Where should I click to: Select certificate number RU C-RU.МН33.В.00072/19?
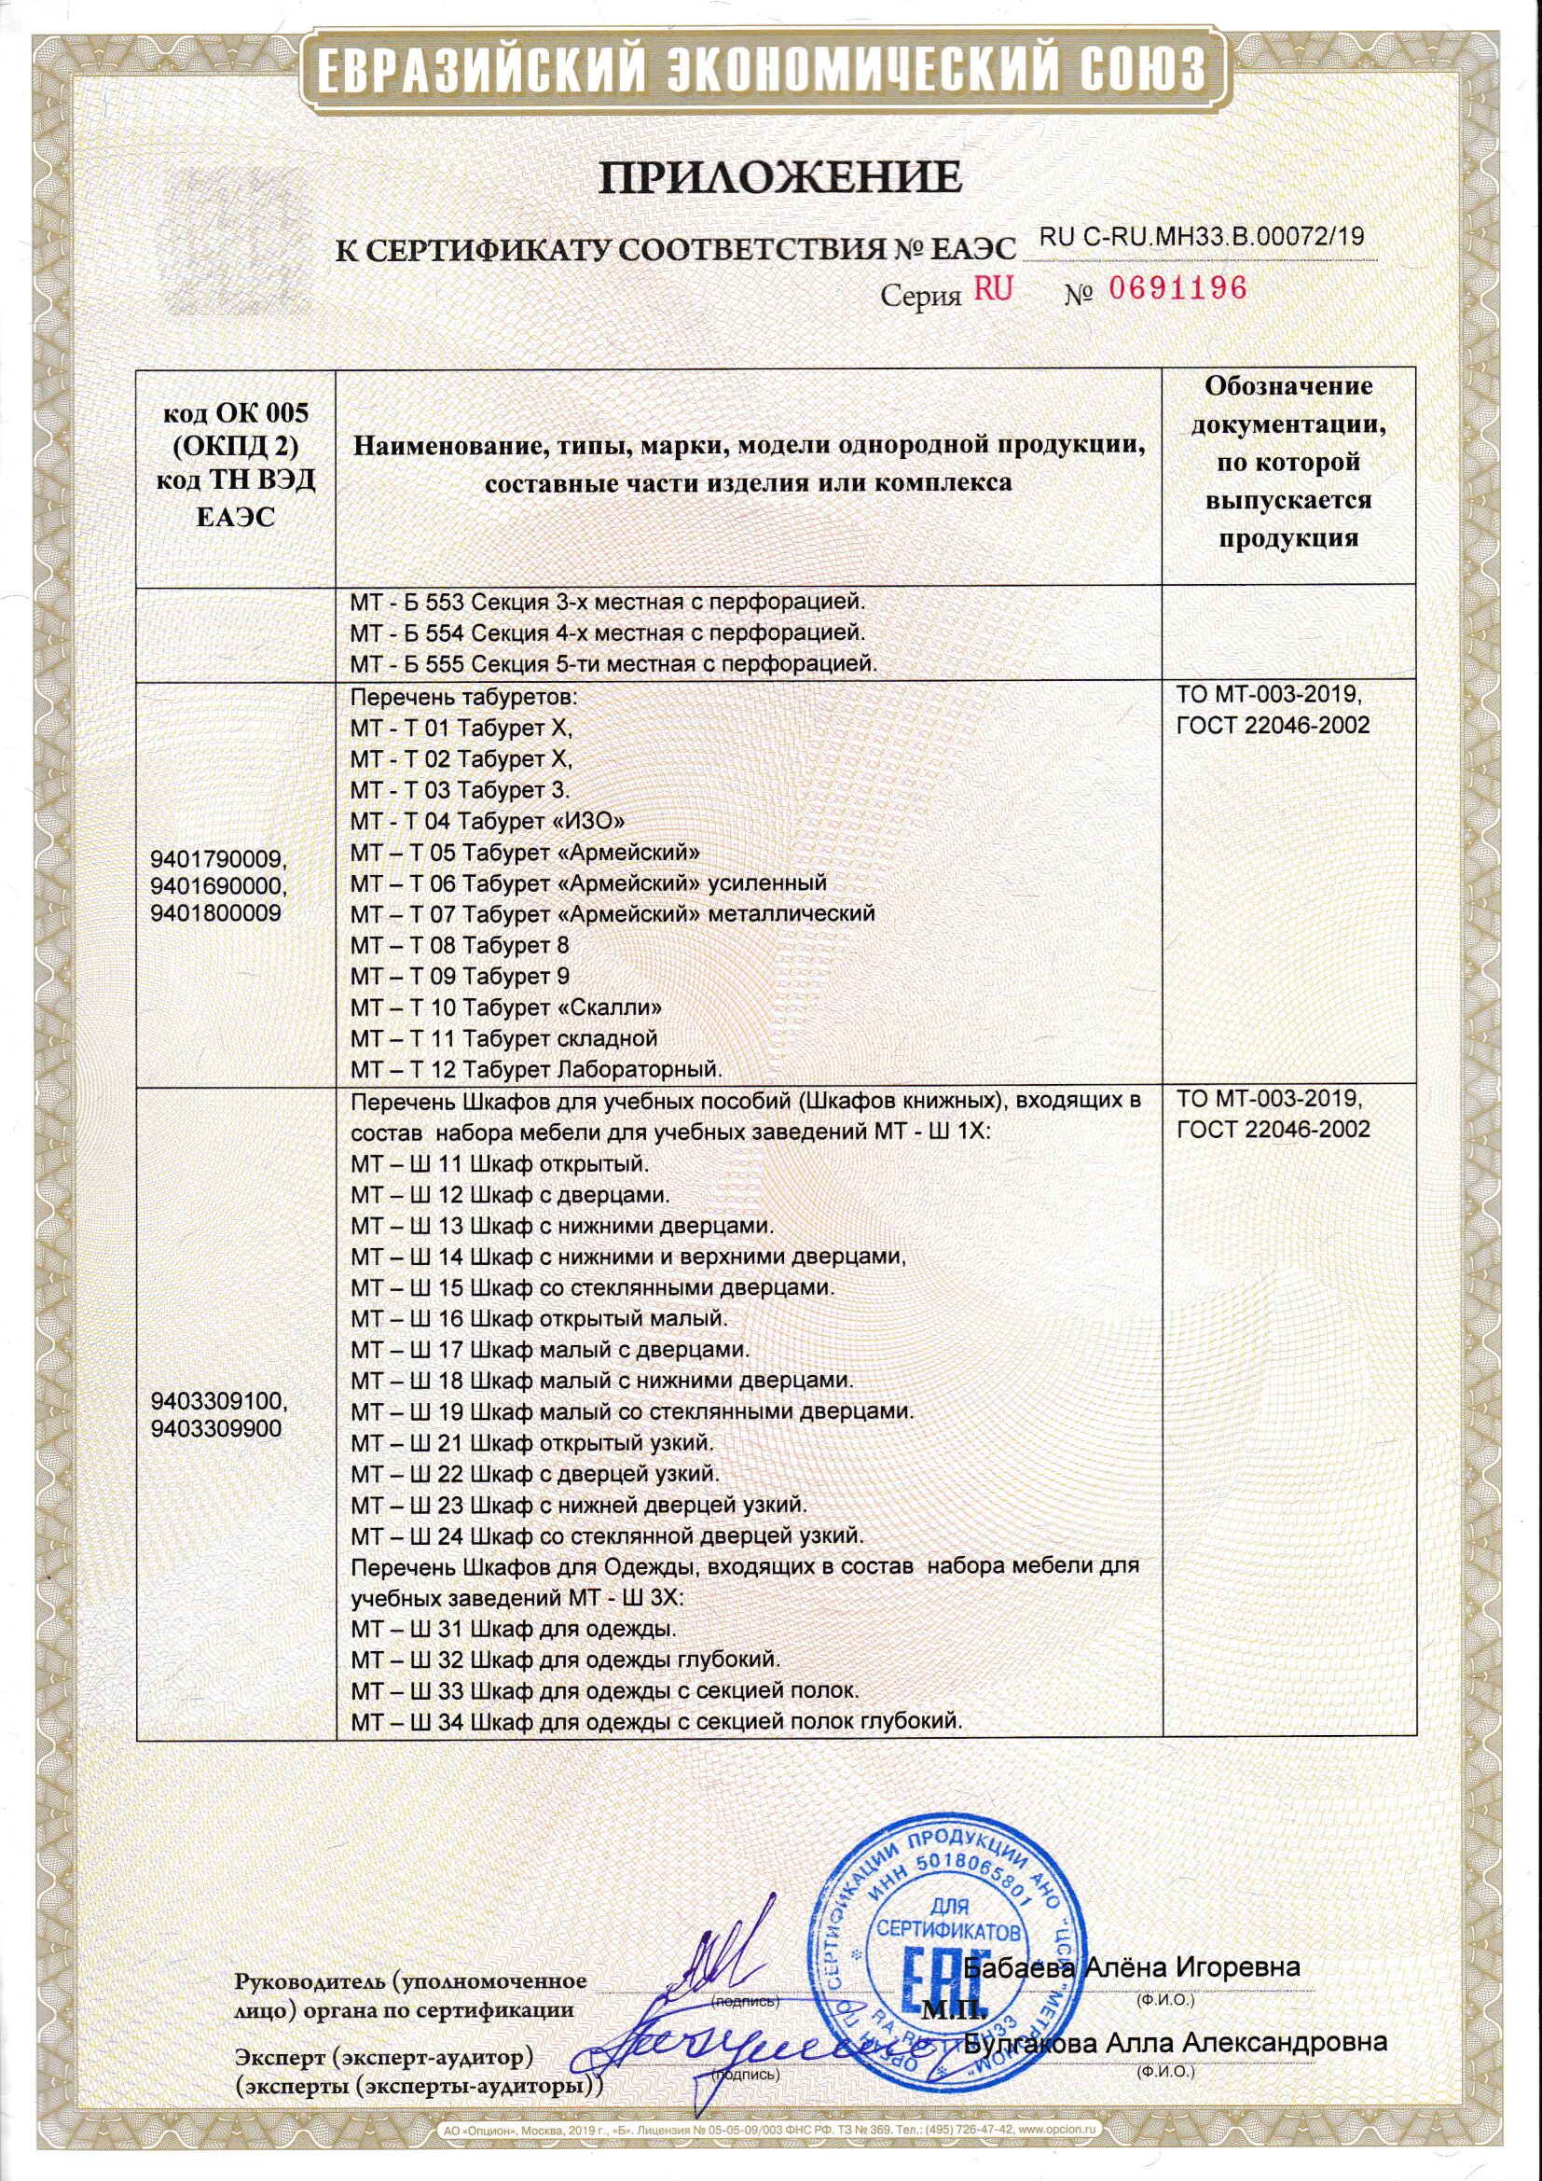tap(1202, 238)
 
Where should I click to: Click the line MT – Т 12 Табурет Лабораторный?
tap(536, 1069)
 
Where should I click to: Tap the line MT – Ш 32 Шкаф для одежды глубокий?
tap(565, 1660)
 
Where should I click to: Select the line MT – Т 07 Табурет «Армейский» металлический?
tap(613, 914)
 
